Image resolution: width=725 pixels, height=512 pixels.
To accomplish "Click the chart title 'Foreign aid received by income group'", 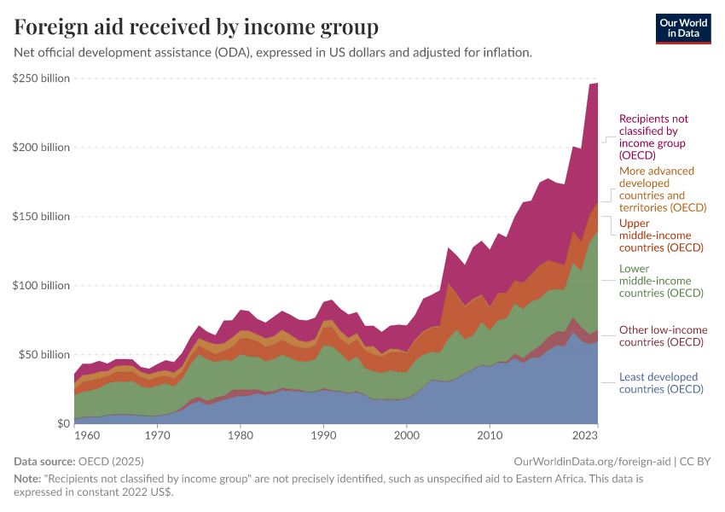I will click(196, 27).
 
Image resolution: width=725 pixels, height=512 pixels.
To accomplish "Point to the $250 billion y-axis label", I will click(41, 79).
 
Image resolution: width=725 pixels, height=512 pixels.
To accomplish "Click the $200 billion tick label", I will click(41, 148).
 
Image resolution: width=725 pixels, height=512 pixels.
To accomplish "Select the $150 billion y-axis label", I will click(41, 217).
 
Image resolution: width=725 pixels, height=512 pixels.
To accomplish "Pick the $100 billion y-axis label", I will click(41, 285).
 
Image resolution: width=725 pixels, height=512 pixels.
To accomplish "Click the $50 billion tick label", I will click(43, 354).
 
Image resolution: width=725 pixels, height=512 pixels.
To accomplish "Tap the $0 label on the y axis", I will click(62, 423).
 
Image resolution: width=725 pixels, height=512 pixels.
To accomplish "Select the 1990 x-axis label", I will click(323, 435).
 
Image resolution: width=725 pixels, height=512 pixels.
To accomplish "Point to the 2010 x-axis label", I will click(490, 435).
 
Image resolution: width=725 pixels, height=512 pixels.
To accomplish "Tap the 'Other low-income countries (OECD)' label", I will click(663, 336).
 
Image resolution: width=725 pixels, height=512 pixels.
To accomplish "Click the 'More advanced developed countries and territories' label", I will click(663, 189).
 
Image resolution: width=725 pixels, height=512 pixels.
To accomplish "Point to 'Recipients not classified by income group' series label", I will click(653, 137).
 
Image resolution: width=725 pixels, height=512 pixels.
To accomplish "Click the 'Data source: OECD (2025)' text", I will click(74, 461).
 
